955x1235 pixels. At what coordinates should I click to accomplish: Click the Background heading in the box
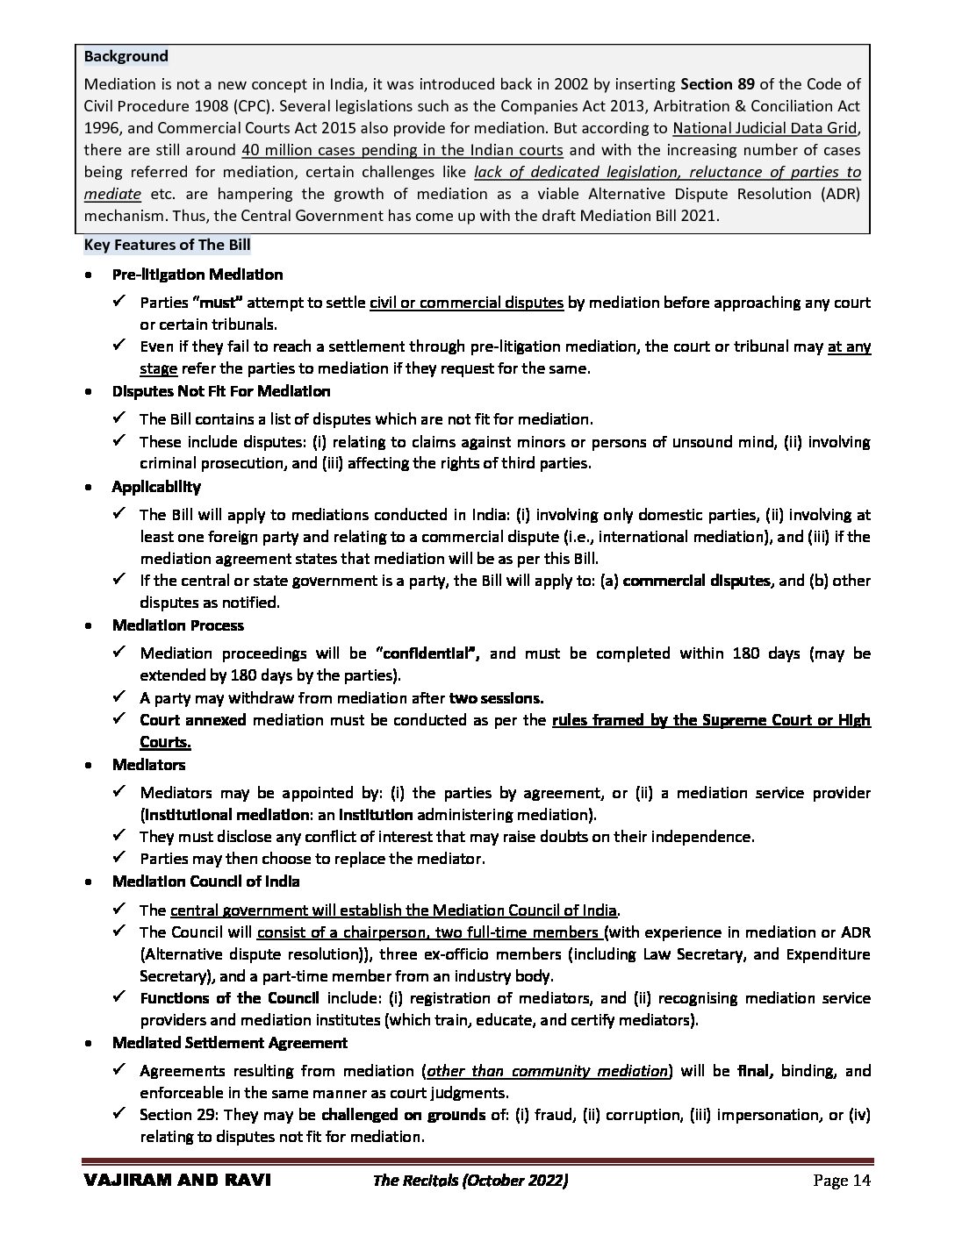tap(126, 56)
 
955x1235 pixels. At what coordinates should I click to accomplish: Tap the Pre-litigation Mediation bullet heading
tap(197, 275)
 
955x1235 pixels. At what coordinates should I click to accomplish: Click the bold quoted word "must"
tap(216, 303)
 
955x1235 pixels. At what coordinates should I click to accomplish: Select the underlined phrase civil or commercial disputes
tap(466, 303)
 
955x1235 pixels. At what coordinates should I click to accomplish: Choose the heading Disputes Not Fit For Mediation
tap(221, 391)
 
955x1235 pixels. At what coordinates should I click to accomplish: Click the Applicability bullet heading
tap(156, 487)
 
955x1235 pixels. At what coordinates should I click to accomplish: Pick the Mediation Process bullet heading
tap(178, 625)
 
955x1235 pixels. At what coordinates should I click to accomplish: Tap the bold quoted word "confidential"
tap(426, 653)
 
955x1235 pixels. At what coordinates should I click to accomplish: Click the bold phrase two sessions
tap(496, 698)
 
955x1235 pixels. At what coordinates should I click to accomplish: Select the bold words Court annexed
tap(191, 720)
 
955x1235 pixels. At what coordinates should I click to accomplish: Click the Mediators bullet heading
tap(148, 765)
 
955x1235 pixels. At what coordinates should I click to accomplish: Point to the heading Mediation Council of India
tap(205, 882)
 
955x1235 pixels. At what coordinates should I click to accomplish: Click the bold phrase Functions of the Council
tap(230, 998)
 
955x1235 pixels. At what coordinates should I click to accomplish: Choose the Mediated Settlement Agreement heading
tap(230, 1043)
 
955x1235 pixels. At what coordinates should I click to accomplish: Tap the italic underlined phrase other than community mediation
tap(547, 1071)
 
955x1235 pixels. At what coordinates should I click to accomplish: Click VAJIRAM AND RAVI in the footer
tap(177, 1181)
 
